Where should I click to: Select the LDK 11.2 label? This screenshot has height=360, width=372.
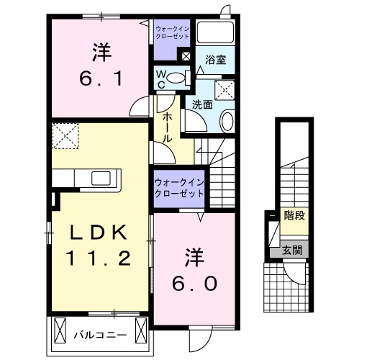(x=99, y=245)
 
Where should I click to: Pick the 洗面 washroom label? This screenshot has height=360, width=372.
(x=202, y=104)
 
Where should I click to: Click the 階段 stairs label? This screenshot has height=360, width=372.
(x=293, y=215)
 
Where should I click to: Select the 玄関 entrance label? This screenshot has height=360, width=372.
(x=291, y=251)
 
